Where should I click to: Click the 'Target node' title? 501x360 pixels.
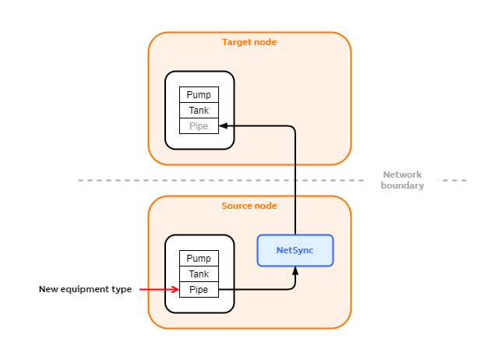(x=249, y=42)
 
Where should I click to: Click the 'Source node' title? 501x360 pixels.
(x=249, y=206)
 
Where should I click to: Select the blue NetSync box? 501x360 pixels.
(x=295, y=250)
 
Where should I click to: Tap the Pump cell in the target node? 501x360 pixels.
(x=199, y=95)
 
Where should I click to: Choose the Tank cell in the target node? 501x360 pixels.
(x=199, y=111)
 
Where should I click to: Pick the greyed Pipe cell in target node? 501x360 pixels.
(x=199, y=126)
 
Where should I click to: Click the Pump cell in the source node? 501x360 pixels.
(x=199, y=259)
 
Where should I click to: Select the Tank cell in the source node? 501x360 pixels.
(x=199, y=274)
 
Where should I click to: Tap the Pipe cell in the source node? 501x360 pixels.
(x=199, y=290)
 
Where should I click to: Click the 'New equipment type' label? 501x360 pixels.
(x=85, y=290)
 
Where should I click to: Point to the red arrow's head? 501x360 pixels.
(x=175, y=290)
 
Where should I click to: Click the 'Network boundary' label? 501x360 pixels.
(x=402, y=180)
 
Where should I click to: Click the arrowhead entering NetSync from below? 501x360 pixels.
(x=295, y=270)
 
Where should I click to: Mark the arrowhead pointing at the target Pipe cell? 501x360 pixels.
(x=224, y=125)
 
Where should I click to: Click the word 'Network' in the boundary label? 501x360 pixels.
(x=402, y=175)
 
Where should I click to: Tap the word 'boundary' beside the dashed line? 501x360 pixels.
(x=402, y=185)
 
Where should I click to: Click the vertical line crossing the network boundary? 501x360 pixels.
(x=295, y=181)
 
